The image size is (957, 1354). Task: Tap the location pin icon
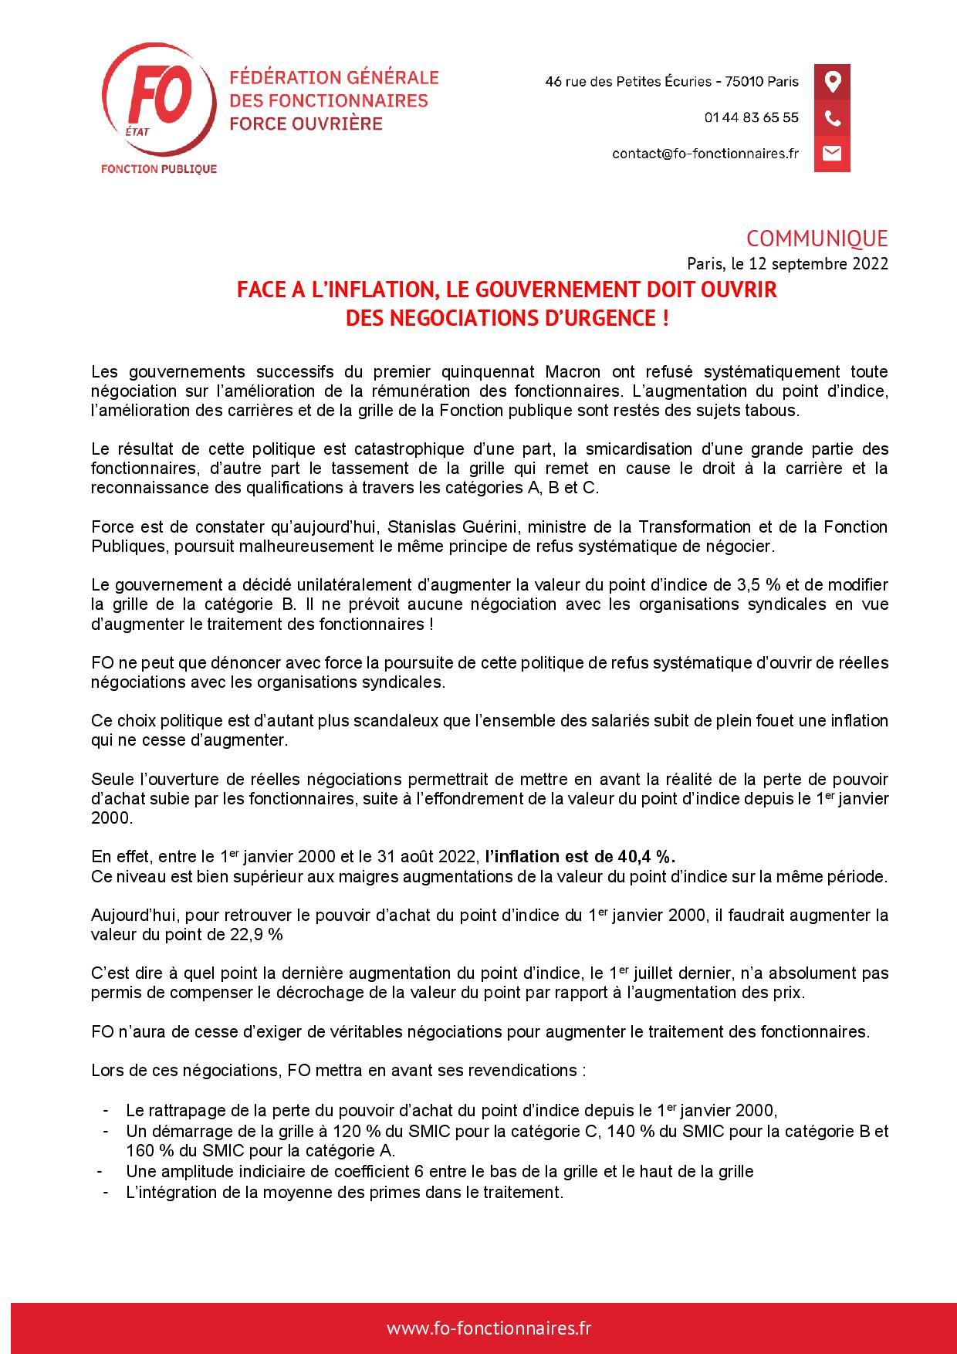pos(832,82)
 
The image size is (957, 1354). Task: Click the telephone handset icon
pos(832,118)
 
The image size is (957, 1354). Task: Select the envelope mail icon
pos(832,154)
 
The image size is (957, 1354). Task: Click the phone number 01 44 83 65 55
pos(751,118)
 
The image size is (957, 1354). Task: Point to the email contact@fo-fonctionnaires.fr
pos(705,154)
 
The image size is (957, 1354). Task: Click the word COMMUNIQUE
pos(817,239)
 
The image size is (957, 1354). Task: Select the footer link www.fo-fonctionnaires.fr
pos(489,1328)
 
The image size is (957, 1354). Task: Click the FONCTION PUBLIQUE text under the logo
pos(159,169)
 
